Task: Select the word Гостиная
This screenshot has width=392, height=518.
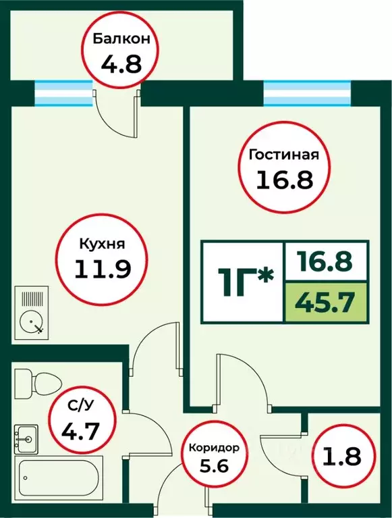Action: point(283,155)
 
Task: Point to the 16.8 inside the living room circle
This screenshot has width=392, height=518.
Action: point(283,180)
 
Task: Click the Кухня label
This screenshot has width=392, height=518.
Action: point(101,244)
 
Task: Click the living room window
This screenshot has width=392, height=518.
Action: point(308,93)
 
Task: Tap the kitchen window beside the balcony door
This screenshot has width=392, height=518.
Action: point(63,93)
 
